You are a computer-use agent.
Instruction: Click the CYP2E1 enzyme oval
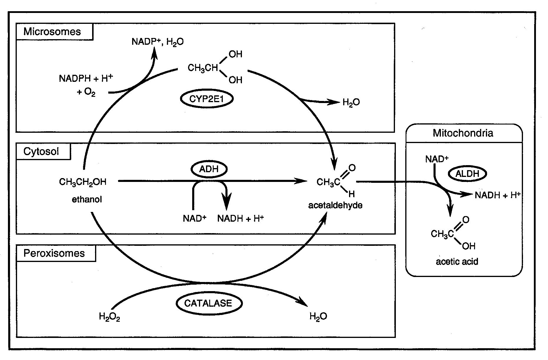tap(207, 99)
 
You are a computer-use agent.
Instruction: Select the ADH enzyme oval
tap(209, 169)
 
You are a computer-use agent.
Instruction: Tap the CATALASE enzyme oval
tap(209, 303)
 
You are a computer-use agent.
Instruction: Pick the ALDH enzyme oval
tap(467, 174)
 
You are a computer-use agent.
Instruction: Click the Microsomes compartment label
tap(52, 32)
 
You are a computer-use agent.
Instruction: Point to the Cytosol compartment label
tap(41, 152)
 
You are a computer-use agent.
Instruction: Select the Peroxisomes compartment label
tap(54, 253)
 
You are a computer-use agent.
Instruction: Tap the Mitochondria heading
tap(463, 133)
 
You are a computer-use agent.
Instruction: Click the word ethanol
tap(87, 200)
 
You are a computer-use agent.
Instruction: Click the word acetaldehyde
tap(335, 205)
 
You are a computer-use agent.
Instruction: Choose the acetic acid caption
tap(457, 261)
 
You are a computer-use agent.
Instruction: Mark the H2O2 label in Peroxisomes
tap(109, 317)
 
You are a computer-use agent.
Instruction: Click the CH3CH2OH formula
tap(83, 182)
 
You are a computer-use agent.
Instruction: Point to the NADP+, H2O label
tap(157, 42)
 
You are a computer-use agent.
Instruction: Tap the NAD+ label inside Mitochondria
tap(437, 159)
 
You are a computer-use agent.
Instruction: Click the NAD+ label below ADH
tap(195, 218)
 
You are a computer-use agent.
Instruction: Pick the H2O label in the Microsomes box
tap(351, 102)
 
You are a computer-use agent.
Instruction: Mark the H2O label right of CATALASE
tap(318, 316)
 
